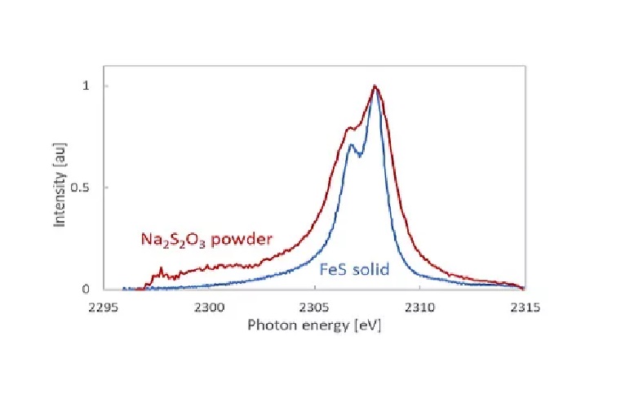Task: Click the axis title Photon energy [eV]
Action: coord(314,325)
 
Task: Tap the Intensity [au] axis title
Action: coord(60,187)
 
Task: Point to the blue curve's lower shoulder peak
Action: coord(351,145)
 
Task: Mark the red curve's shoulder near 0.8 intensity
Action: coord(350,127)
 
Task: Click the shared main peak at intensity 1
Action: coord(375,86)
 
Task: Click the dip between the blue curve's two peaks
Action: coord(359,155)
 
